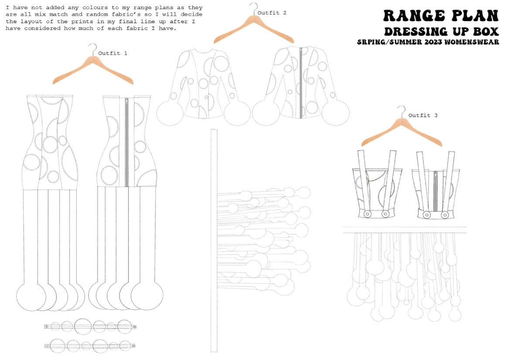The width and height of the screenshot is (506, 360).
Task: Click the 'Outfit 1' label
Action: point(113,53)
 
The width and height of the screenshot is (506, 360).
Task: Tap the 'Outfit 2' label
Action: point(272,13)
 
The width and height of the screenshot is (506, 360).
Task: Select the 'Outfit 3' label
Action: point(423,115)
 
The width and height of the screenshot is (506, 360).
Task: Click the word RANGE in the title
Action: point(414,16)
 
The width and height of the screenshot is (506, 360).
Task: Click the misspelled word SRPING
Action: point(372,42)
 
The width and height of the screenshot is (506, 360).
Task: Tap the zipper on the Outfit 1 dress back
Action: point(126,142)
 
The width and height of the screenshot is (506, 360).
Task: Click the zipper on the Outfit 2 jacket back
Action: point(301,82)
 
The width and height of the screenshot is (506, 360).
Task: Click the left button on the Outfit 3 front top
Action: point(367,214)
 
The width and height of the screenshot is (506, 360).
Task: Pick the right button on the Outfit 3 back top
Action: point(444,215)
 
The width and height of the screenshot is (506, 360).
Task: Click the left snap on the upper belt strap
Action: point(47,326)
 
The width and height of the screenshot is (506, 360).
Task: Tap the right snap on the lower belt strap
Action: point(133,346)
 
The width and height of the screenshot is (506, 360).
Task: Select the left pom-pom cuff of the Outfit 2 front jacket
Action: point(170,113)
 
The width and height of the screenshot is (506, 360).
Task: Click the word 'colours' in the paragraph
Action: point(95,7)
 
